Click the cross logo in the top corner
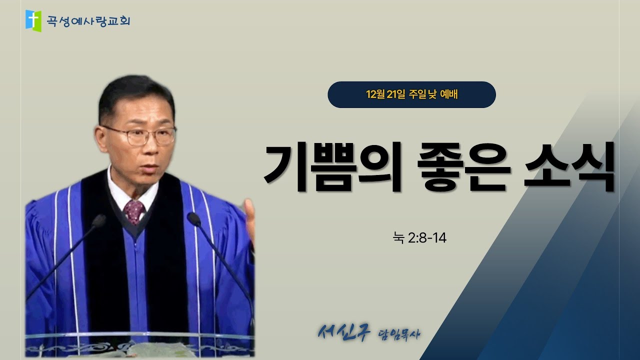click(33, 19)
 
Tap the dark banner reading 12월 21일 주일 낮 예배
click(411, 94)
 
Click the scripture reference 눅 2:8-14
click(419, 238)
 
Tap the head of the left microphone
click(98, 221)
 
